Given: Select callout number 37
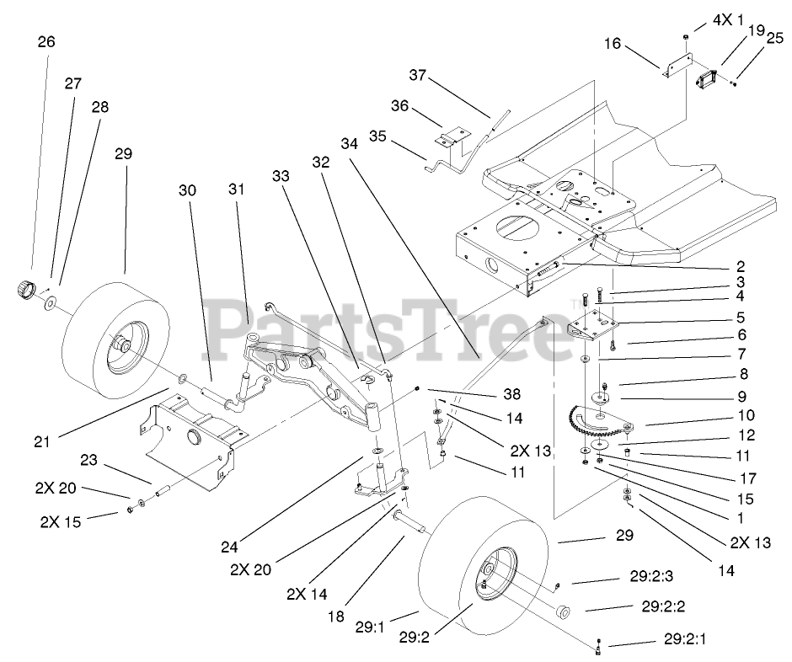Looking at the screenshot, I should tap(419, 76).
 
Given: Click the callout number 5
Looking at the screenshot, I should tap(740, 318).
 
